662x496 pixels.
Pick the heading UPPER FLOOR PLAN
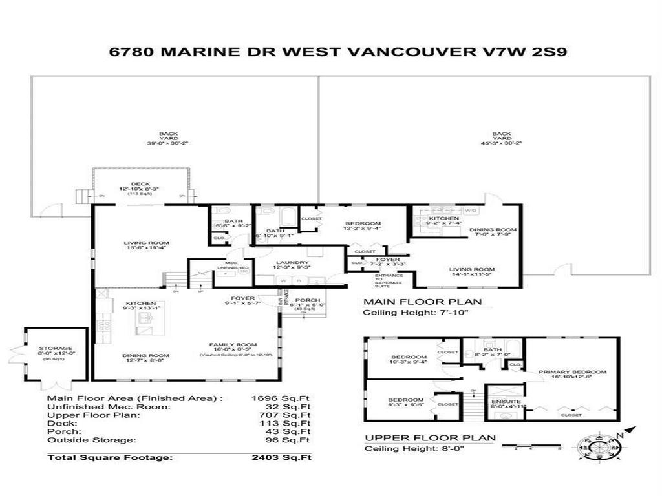pos(430,437)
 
